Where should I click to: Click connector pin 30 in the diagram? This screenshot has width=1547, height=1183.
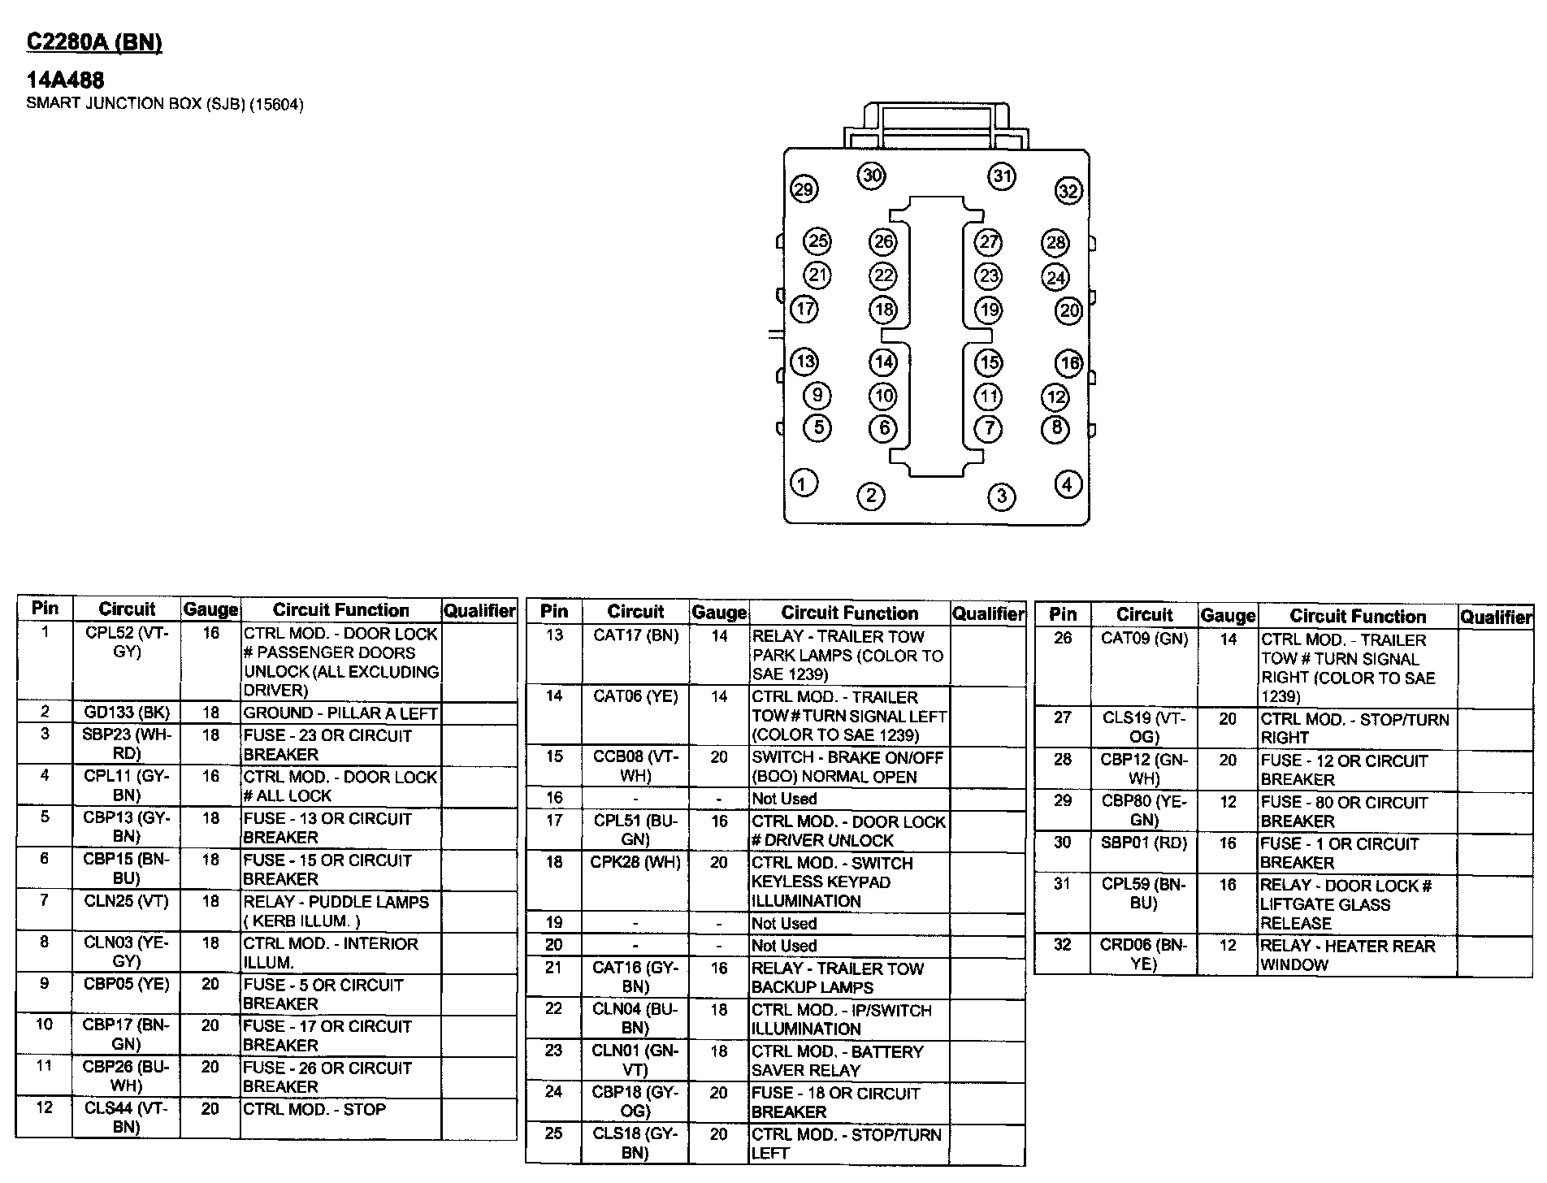[872, 175]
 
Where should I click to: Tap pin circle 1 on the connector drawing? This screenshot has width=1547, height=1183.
[804, 483]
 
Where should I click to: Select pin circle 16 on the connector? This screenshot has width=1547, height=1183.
[1069, 362]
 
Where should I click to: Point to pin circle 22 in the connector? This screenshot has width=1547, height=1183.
[883, 276]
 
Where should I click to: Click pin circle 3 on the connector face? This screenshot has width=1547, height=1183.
[1001, 496]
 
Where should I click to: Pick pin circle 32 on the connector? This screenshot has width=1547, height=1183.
[1068, 191]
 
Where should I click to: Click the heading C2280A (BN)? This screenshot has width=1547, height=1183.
[94, 42]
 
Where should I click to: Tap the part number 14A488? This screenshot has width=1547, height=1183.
[65, 80]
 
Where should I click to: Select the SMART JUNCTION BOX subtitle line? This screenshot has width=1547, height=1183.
[165, 104]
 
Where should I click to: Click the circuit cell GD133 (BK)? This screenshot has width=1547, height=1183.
[127, 713]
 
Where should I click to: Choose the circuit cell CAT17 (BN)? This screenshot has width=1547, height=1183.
[635, 635]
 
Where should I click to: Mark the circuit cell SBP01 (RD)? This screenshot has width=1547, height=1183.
[1144, 843]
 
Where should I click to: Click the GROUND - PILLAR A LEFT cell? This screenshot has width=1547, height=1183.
[340, 713]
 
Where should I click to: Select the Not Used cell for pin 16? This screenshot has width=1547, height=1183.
[784, 799]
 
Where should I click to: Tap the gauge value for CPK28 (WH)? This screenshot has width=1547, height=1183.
[718, 863]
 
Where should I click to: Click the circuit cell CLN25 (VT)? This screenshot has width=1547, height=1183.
[127, 901]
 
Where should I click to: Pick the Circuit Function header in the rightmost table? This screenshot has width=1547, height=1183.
[1358, 616]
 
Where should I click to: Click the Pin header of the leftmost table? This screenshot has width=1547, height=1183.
[45, 608]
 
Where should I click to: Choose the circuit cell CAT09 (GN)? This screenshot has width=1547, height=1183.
[1144, 639]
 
